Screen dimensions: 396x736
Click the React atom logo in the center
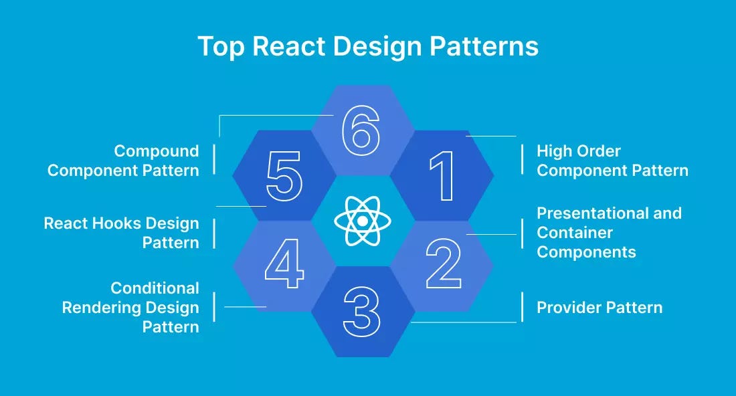click(362, 221)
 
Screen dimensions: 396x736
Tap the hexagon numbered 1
click(442, 176)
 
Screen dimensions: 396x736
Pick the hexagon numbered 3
click(362, 311)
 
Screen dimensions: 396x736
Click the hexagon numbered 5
click(284, 176)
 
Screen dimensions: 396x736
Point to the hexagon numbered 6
click(362, 130)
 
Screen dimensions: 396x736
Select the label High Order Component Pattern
click(612, 161)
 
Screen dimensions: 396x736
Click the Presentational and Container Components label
click(609, 232)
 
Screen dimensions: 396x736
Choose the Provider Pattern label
click(600, 308)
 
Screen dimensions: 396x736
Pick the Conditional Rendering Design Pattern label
click(130, 307)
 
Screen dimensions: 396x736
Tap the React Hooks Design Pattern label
click(122, 233)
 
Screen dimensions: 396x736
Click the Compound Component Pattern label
click(123, 161)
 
